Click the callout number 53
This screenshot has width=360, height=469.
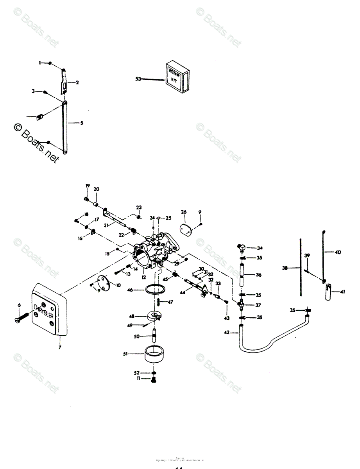coord(138,79)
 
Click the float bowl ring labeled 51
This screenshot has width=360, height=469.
coord(154,354)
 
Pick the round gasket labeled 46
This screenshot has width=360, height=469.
coord(154,290)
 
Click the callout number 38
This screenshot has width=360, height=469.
coord(285,268)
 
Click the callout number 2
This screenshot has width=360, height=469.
coord(77,82)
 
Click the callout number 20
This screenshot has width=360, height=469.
coord(96,189)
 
